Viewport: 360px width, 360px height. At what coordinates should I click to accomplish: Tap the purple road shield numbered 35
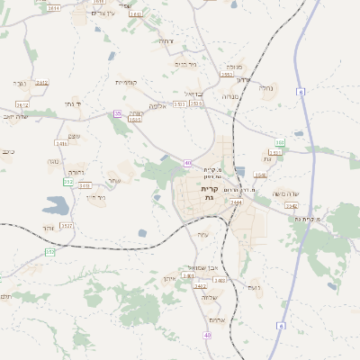117,113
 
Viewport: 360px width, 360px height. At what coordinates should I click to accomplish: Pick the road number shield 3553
227,75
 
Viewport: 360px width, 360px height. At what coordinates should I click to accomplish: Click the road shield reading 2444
237,202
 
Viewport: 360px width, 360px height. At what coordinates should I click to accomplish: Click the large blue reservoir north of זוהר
54,208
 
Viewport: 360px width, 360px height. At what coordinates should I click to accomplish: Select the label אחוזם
216,319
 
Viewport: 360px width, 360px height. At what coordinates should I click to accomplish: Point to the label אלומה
157,104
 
